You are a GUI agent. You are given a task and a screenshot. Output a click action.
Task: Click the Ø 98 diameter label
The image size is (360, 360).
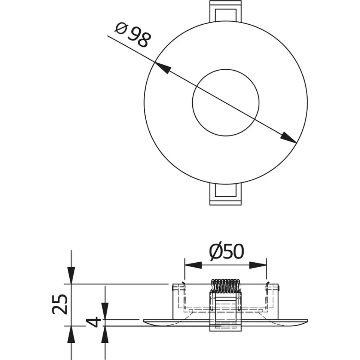133,35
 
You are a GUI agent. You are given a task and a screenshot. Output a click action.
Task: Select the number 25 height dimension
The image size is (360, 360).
60,304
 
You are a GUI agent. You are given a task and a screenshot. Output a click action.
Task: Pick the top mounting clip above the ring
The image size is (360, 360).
226,11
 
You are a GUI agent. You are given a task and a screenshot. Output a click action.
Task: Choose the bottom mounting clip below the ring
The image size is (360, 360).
226,194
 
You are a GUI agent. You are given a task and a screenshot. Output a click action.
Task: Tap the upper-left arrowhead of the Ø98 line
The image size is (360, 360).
163,68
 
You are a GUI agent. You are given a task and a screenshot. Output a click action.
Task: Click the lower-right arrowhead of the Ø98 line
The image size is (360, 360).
288,138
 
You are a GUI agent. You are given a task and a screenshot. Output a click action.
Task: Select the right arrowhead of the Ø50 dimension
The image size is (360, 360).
258,265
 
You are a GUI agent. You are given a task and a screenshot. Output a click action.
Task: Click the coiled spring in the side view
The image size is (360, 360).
226,286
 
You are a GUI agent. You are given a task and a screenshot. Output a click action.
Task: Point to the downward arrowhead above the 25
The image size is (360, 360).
71,275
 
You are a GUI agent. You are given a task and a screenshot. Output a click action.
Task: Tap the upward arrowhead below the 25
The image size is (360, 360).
71,334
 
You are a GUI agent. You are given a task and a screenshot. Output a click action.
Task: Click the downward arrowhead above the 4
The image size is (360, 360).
105,311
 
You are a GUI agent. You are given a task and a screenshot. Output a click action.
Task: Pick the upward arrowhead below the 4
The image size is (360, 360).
105,334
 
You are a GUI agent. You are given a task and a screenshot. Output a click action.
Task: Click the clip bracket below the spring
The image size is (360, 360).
226,312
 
